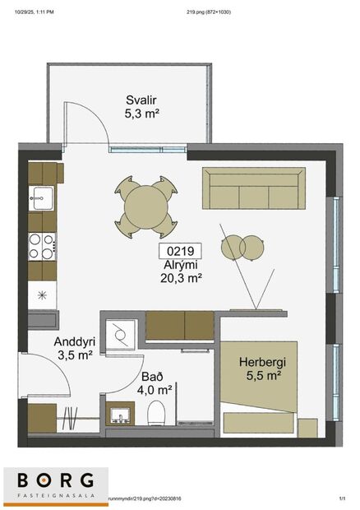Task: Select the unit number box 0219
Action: point(180,253)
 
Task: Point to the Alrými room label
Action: point(180,266)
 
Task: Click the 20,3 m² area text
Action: point(181,278)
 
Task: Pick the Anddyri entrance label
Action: point(73,342)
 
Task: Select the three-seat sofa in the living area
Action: point(253,189)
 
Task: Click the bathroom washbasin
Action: point(122,415)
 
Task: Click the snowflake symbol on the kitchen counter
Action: point(41,294)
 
